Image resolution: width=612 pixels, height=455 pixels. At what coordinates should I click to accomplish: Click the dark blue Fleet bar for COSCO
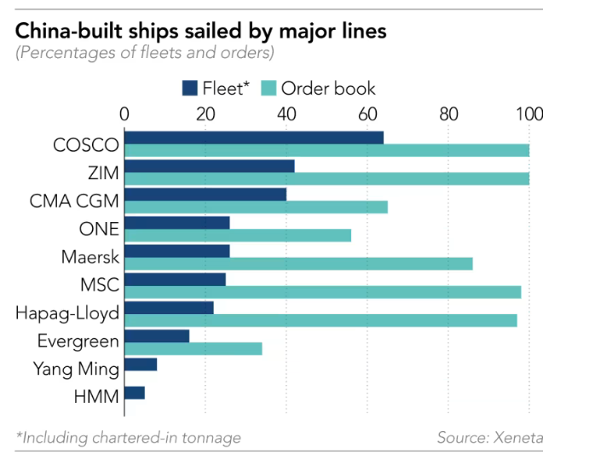(254, 137)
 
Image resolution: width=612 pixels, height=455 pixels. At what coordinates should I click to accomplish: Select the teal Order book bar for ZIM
(326, 178)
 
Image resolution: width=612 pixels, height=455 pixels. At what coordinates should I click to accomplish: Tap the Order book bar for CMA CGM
(256, 207)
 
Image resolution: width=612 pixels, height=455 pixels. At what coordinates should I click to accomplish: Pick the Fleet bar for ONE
(177, 223)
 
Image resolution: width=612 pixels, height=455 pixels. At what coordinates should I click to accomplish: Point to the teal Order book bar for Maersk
(298, 264)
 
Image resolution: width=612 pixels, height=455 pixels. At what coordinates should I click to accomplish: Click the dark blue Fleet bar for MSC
(175, 279)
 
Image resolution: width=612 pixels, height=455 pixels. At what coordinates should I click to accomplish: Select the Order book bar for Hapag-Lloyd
(320, 320)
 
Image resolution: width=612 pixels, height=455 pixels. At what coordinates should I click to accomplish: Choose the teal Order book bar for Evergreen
(193, 348)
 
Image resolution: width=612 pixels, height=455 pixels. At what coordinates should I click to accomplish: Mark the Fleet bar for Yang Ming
(141, 365)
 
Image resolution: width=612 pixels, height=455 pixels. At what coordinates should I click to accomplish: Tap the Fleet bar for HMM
(135, 393)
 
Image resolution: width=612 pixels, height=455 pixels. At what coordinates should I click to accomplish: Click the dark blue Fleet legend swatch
(189, 88)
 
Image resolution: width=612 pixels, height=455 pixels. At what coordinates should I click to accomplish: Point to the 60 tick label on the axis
(367, 114)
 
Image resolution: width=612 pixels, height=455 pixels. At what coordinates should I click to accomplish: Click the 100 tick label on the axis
(528, 114)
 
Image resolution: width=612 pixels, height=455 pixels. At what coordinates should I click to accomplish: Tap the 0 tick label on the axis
(124, 114)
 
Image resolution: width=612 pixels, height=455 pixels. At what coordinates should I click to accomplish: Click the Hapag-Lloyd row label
(67, 313)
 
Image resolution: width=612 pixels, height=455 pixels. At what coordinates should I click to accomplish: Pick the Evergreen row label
(78, 341)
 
